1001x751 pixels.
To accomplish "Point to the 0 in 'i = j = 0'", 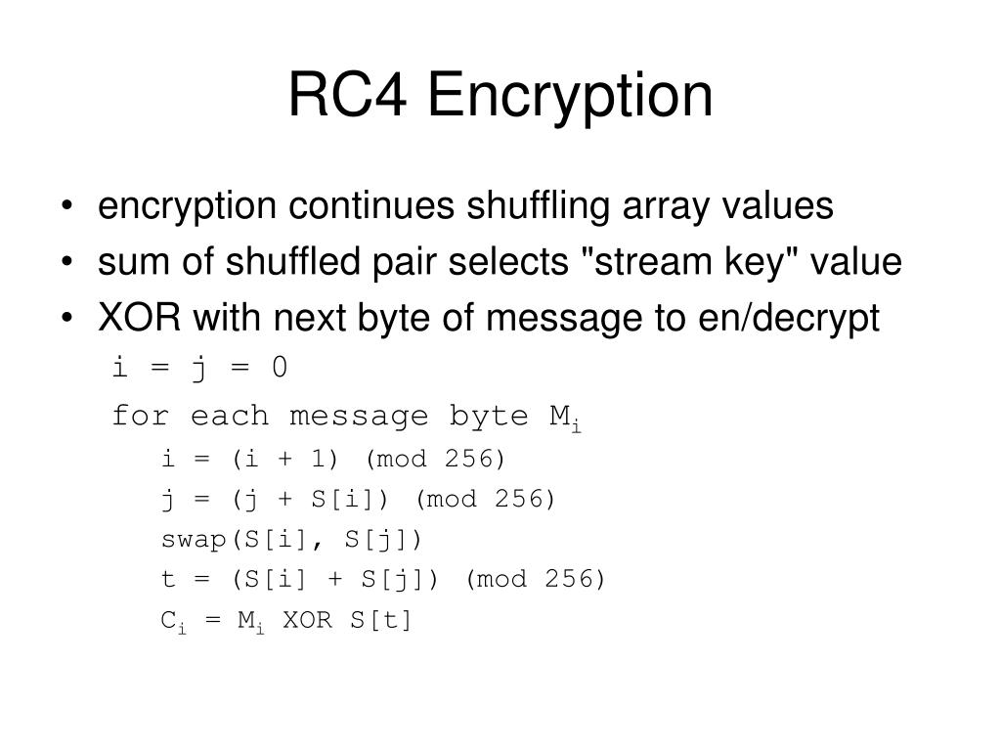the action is click(280, 368).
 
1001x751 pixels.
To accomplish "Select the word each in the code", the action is click(230, 416).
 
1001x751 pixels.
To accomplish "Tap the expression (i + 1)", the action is click(284, 459).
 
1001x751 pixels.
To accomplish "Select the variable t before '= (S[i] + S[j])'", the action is click(167, 579).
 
